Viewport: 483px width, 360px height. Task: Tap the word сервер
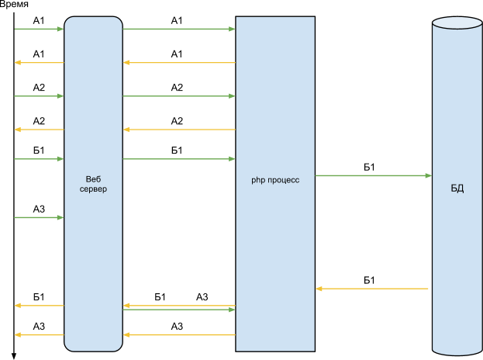coord(93,189)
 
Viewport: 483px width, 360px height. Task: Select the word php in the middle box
coord(258,180)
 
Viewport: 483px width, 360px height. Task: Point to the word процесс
coord(283,180)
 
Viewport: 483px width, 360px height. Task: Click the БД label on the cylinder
coord(457,189)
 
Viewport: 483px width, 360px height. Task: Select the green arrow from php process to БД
coord(373,176)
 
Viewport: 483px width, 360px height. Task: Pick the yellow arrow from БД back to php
coord(372,289)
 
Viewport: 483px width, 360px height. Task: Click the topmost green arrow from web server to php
coord(179,29)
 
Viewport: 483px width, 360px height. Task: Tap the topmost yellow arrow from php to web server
coord(179,62)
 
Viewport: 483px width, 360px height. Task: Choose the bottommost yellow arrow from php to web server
coord(179,335)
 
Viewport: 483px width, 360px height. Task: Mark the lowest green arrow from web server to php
coord(179,310)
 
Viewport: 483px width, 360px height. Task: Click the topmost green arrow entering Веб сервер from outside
coord(39,29)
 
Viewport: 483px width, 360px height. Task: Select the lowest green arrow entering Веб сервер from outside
coord(39,218)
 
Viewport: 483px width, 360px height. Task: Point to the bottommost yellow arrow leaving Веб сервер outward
coord(39,335)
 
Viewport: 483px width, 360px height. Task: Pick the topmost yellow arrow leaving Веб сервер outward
coord(39,62)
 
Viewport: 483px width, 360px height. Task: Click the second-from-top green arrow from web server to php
coord(179,96)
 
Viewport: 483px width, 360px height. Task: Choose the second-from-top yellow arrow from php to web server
coord(179,130)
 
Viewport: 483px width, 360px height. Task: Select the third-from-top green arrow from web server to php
coord(179,159)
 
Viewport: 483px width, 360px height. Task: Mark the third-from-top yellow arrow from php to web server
coord(179,305)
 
